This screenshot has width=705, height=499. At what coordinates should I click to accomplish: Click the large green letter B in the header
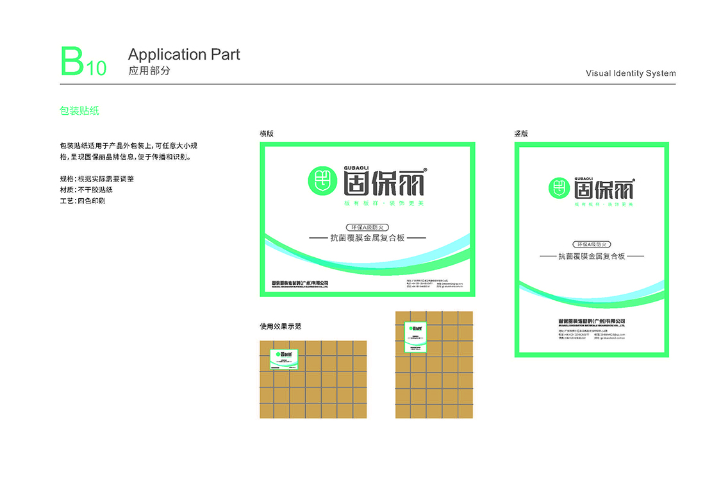[72, 62]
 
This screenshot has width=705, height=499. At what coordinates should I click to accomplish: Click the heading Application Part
[184, 55]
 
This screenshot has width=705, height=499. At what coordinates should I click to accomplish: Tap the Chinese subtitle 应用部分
[149, 71]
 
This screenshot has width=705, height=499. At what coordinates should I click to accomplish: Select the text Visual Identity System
[631, 73]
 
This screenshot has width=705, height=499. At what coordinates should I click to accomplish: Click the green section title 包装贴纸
[79, 111]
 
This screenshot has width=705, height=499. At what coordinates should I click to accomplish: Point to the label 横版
[267, 133]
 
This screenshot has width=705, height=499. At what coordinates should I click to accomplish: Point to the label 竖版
[521, 133]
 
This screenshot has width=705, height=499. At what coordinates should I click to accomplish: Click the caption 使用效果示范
[280, 326]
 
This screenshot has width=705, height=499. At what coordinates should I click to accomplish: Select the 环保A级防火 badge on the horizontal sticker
[367, 227]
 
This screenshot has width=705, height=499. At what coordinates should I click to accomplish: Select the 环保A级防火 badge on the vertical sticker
[592, 244]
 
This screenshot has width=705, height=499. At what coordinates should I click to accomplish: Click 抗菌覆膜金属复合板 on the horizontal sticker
[367, 238]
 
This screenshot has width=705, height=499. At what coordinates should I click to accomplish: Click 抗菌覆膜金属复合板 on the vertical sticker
[592, 256]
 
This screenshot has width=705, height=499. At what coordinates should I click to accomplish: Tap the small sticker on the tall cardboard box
[415, 337]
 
